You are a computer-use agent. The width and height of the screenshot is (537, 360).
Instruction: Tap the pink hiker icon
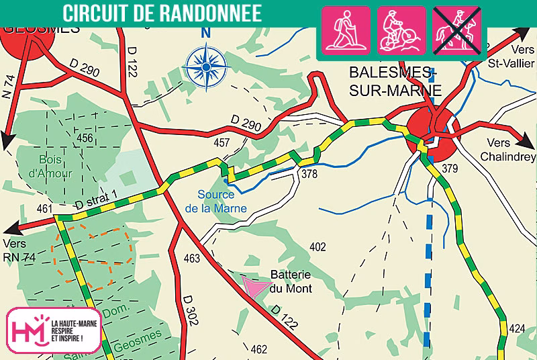click(346, 30)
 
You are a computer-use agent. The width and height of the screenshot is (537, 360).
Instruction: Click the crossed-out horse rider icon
click(458, 30)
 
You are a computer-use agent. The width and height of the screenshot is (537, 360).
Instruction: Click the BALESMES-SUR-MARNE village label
click(396, 81)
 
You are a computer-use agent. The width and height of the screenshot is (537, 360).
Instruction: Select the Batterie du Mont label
click(291, 281)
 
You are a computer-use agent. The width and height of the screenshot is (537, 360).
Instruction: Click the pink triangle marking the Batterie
click(253, 287)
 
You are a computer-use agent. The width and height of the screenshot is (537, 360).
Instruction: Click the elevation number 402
click(318, 247)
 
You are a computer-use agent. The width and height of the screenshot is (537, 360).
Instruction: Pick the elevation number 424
click(517, 328)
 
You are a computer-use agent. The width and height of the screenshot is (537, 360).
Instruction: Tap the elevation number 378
click(309, 175)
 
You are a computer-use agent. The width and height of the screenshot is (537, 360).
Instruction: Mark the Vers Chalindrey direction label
click(507, 150)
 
